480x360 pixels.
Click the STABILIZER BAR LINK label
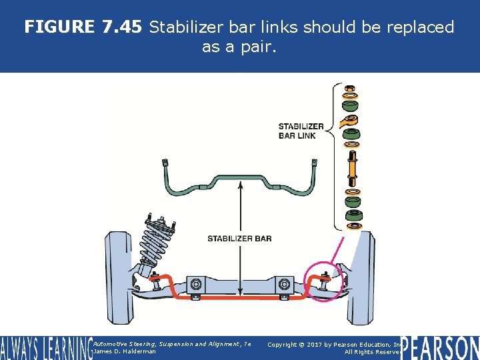tap(301, 131)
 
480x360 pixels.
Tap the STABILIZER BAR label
tap(239, 239)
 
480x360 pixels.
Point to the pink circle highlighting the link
tap(324, 282)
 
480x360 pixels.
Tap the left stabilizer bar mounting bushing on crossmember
tap(196, 285)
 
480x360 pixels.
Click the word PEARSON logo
tap(441, 348)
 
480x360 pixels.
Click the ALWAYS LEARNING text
tap(45, 348)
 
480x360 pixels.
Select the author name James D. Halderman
tap(125, 351)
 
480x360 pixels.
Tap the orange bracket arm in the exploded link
tap(348, 121)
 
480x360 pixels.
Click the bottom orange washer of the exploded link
tap(351, 225)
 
